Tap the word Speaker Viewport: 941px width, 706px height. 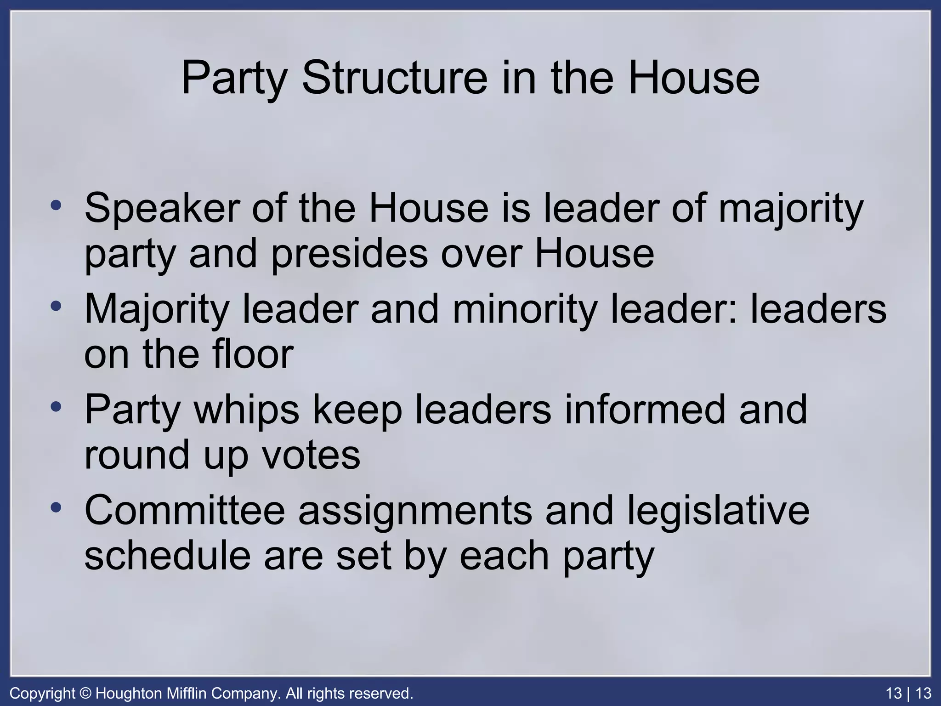tap(162, 208)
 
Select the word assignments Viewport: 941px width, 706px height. tap(415, 511)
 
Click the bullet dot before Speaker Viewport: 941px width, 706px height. tap(56, 205)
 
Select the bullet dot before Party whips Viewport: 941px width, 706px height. tap(56, 407)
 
